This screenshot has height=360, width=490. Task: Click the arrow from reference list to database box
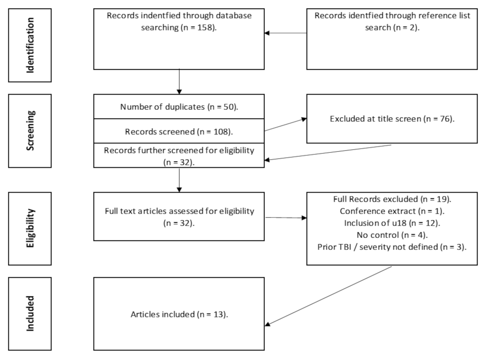[286, 33]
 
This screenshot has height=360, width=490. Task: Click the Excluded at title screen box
[392, 119]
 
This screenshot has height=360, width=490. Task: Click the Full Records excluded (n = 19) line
[392, 198]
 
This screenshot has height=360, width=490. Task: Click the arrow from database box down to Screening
[180, 82]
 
